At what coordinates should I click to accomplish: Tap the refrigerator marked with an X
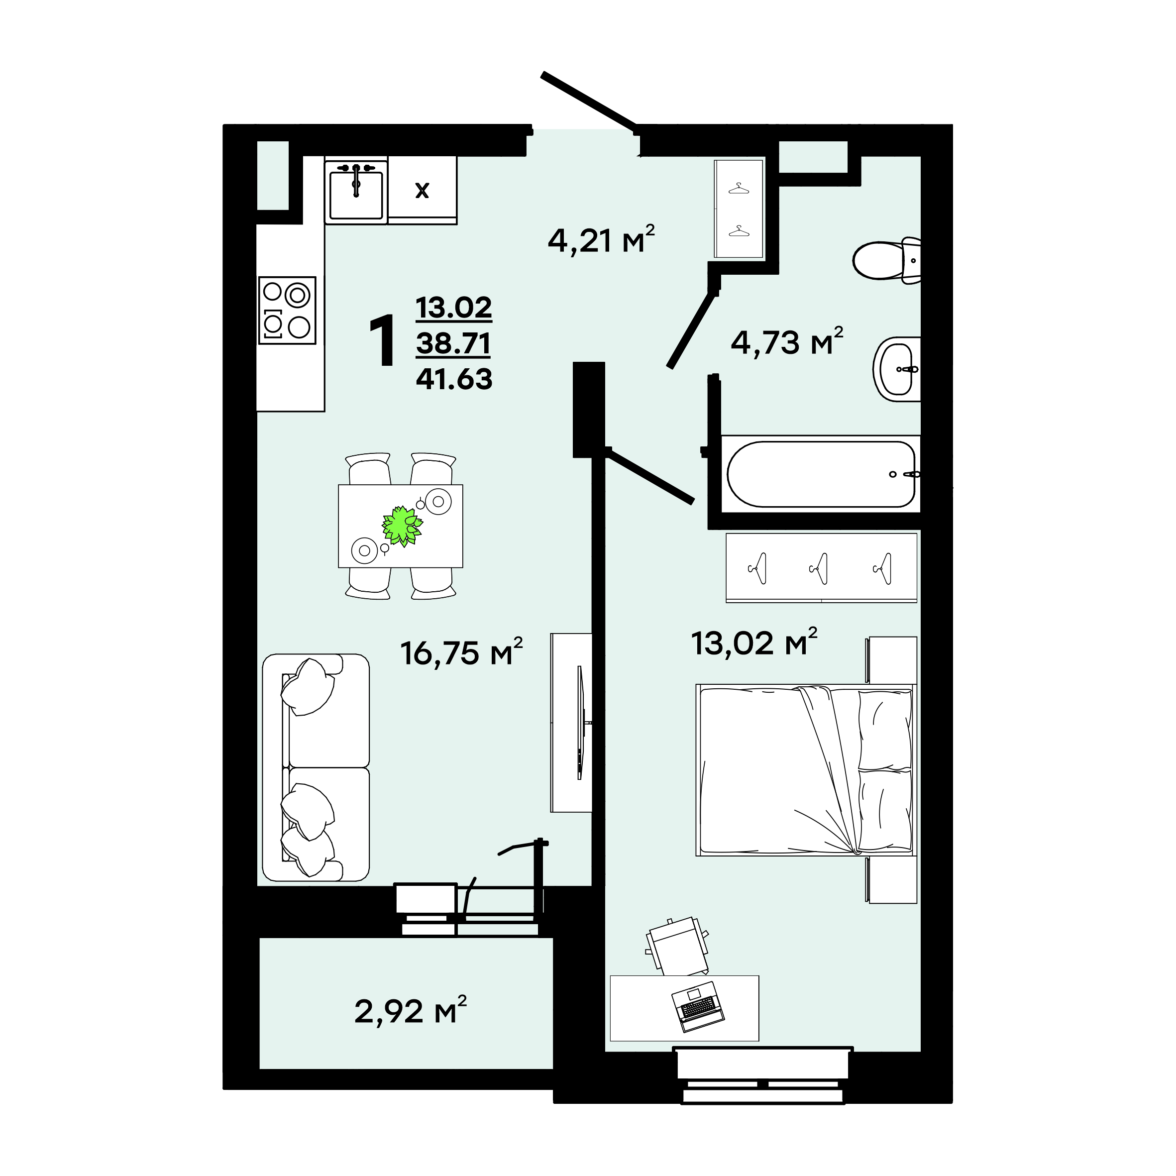coord(423,190)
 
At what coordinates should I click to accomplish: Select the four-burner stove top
coord(287,311)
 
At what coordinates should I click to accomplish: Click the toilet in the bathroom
coord(886,260)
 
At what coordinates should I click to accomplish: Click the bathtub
coord(821,474)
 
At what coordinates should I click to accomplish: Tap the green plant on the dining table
coord(402,526)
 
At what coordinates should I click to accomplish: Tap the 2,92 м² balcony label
coord(411,1011)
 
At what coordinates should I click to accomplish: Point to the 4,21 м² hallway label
coord(601,240)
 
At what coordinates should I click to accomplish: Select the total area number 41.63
coord(454,379)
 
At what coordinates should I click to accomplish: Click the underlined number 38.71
coord(453,343)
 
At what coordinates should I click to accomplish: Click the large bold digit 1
coord(383,341)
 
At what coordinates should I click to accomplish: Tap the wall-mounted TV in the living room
coord(581,723)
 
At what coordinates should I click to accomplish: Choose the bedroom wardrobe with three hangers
coord(821,568)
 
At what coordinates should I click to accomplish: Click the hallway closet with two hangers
coord(739,209)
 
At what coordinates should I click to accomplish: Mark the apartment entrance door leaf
coord(589,102)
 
